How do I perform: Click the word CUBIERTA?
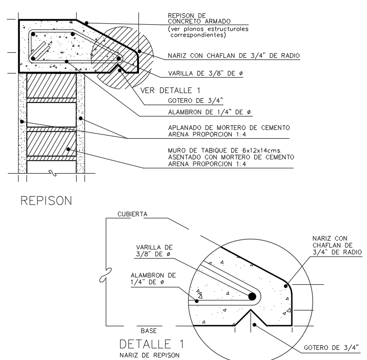[x=127, y=214]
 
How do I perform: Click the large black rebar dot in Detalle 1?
[x=252, y=296]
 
